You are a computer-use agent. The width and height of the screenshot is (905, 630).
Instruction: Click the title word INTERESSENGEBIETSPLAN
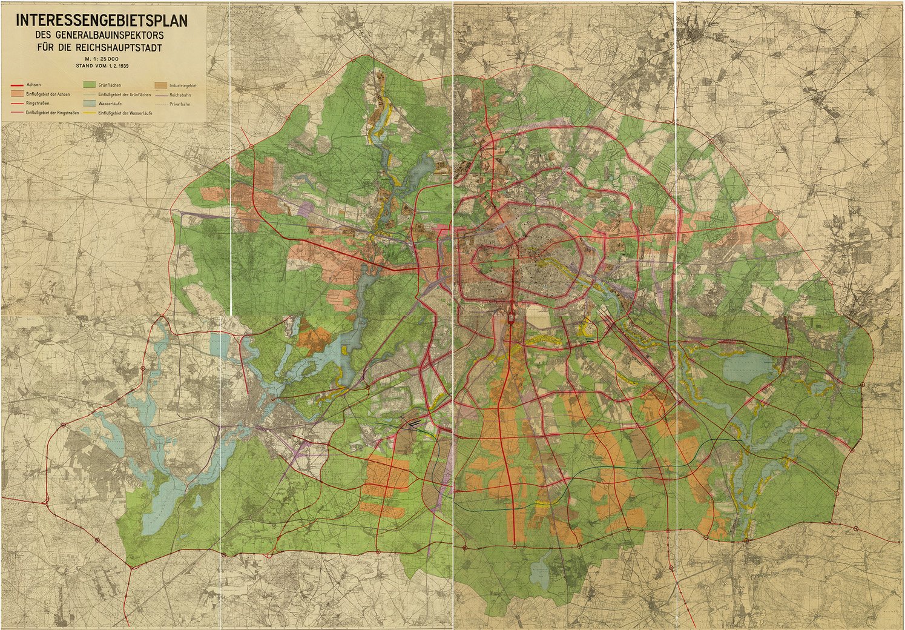point(102,20)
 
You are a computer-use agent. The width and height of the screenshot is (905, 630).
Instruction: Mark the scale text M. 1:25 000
point(102,58)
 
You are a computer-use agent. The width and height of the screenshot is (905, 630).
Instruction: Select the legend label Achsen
point(34,85)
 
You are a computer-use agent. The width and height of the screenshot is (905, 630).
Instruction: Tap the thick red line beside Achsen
point(15,85)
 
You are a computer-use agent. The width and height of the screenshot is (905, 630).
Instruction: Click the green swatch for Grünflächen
point(90,85)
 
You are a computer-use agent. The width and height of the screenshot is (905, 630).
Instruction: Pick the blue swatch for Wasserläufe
point(90,104)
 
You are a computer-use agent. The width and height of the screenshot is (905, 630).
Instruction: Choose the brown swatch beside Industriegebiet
point(161,85)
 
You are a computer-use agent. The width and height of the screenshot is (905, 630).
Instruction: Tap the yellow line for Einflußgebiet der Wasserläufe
point(90,113)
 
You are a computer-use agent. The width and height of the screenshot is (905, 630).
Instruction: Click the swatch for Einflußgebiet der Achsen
point(15,94)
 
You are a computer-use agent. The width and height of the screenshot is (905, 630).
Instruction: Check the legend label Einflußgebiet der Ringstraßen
point(52,113)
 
